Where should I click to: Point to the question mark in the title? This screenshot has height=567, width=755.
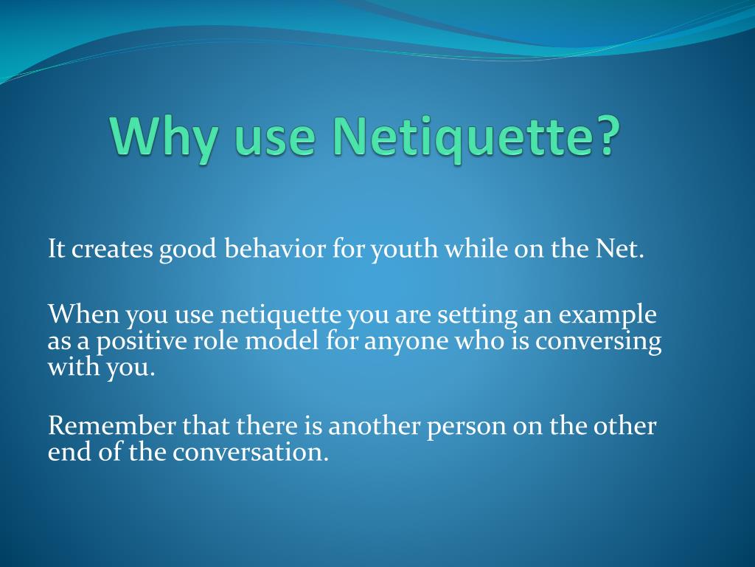(x=602, y=136)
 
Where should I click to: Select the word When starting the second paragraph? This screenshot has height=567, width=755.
(x=83, y=315)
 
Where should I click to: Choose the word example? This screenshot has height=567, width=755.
(x=607, y=315)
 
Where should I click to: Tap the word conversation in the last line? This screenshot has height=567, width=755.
(x=251, y=452)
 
